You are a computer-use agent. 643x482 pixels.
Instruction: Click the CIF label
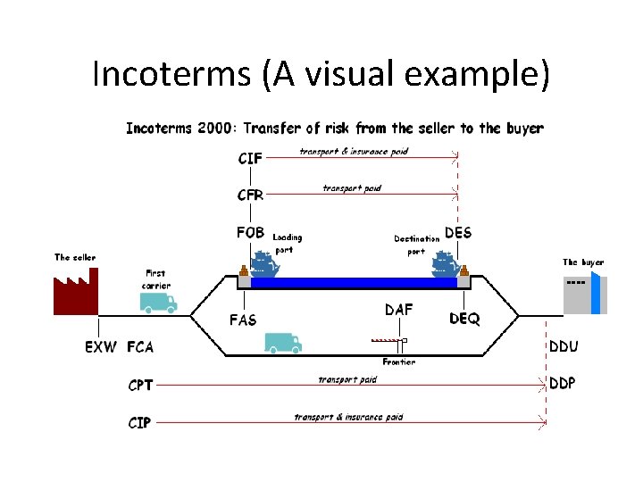[250, 158]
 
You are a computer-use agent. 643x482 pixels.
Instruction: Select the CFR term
[250, 195]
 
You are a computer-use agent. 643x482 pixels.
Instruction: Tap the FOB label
[250, 233]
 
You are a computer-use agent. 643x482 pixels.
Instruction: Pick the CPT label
[140, 386]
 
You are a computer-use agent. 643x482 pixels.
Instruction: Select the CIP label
[139, 422]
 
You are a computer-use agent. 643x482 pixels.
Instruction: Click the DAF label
[398, 311]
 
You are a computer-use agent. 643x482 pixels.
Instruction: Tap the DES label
[458, 232]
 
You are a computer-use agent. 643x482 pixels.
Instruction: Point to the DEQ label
[464, 318]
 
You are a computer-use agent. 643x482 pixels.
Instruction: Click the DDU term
[562, 346]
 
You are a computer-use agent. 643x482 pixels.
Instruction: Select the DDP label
[562, 383]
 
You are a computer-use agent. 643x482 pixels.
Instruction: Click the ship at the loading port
[262, 263]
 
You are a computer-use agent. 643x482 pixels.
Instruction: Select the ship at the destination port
[444, 263]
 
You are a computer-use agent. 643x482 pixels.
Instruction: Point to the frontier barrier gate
[389, 340]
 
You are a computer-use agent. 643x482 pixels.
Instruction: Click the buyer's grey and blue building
[585, 295]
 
